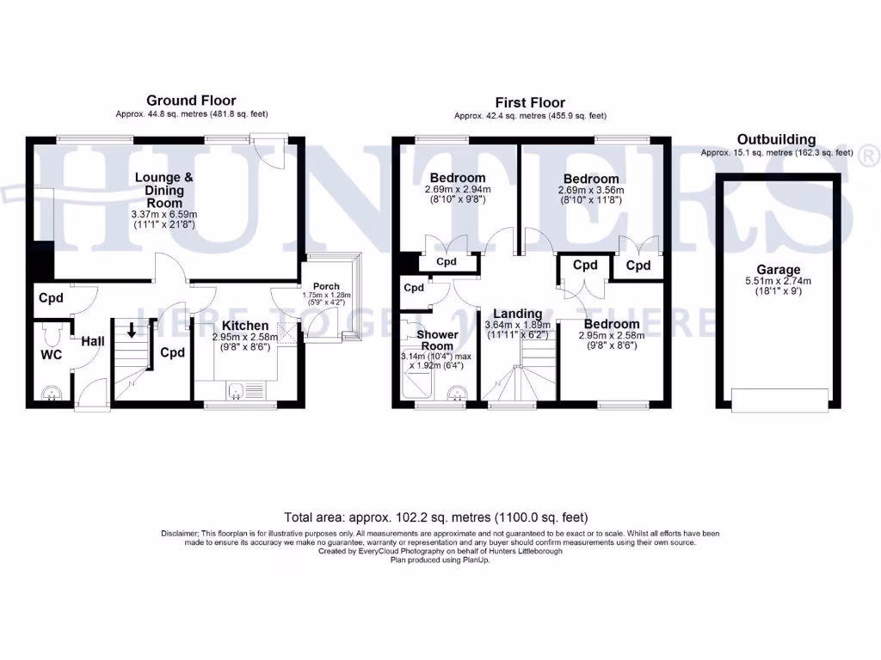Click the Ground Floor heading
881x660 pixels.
[x=191, y=101]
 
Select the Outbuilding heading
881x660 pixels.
[x=776, y=139]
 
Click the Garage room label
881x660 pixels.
[x=778, y=269]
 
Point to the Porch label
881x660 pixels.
[x=326, y=286]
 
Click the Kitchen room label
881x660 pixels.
[x=247, y=326]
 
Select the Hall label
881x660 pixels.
[x=93, y=342]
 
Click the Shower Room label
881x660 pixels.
[x=437, y=340]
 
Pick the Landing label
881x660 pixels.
[x=513, y=314]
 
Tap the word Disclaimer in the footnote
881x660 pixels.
[x=180, y=534]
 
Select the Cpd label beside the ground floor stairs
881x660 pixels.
[x=173, y=352]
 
